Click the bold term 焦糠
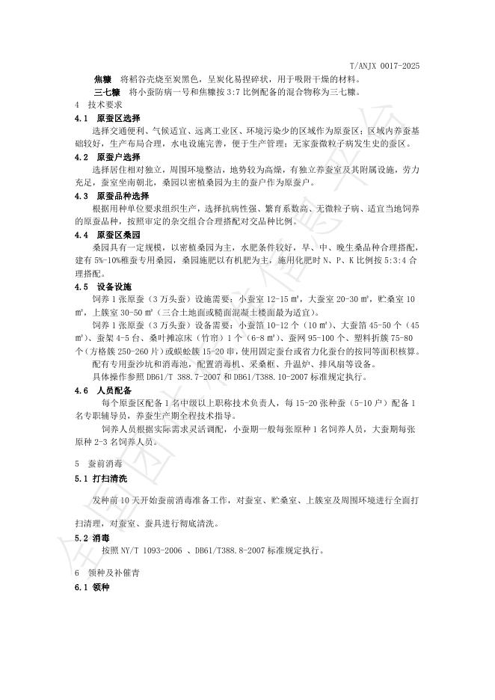point(102,79)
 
